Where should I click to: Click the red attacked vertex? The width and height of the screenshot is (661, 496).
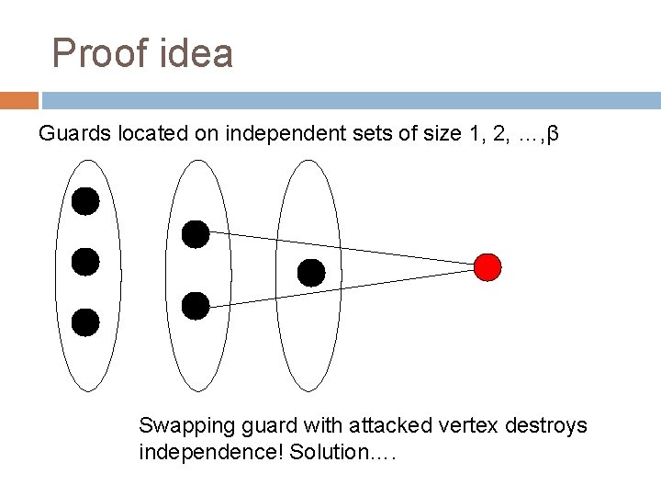[487, 267]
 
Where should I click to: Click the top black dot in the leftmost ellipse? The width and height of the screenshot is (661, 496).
[85, 201]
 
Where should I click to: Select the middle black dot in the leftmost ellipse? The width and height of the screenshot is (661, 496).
[85, 262]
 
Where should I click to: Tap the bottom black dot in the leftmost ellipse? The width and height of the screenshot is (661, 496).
[85, 321]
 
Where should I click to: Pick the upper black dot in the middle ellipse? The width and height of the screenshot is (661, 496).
[196, 234]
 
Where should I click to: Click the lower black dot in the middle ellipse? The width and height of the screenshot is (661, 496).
[196, 305]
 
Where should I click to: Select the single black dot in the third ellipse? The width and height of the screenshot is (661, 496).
[311, 272]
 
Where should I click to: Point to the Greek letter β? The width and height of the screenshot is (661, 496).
[553, 134]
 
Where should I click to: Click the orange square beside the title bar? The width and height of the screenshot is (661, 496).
[19, 100]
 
